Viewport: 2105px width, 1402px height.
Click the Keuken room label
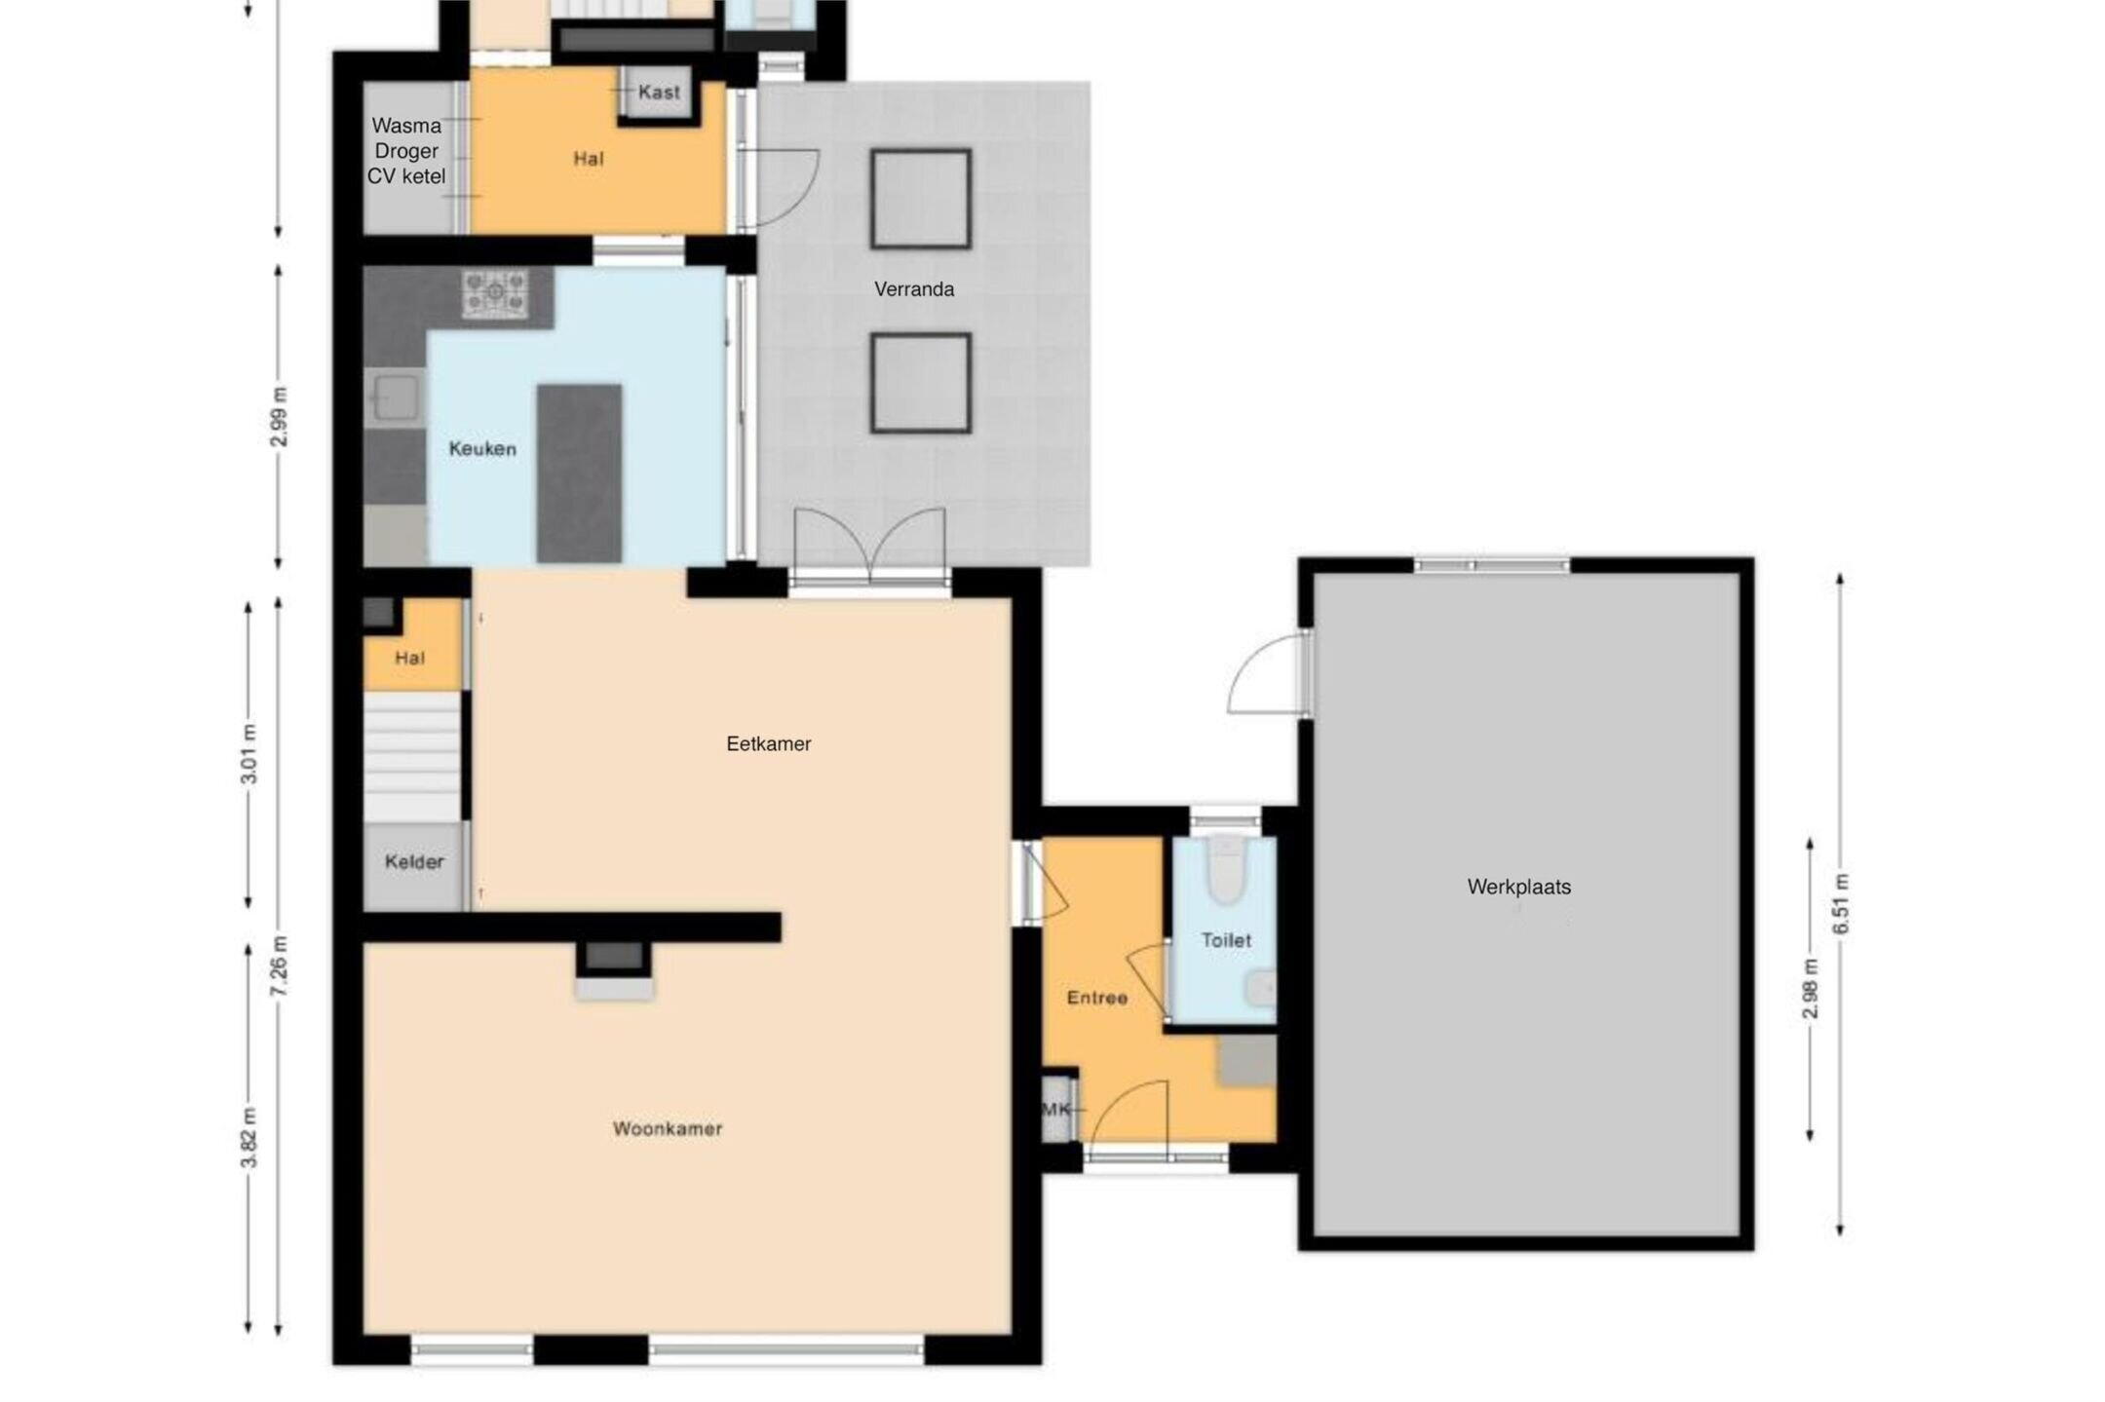pyautogui.click(x=482, y=449)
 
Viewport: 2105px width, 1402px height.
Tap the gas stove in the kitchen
pyautogui.click(x=495, y=293)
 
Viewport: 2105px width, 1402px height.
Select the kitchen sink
pyautogui.click(x=395, y=398)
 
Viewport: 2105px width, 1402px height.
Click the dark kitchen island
pyautogui.click(x=579, y=474)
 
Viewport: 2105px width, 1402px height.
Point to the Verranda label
pyautogui.click(x=914, y=289)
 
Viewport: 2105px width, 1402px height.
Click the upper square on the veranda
pyautogui.click(x=921, y=199)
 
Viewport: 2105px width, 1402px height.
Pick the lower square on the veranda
pyautogui.click(x=921, y=383)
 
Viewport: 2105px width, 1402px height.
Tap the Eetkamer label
pyautogui.click(x=769, y=744)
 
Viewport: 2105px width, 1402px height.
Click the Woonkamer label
pyautogui.click(x=668, y=1129)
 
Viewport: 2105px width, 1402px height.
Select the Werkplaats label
pyautogui.click(x=1519, y=887)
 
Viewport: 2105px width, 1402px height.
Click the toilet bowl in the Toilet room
pyautogui.click(x=1227, y=869)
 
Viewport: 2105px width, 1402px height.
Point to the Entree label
pyautogui.click(x=1097, y=998)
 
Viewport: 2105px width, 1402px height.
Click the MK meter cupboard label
pyautogui.click(x=1057, y=1110)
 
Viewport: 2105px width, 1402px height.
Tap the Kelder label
pyautogui.click(x=414, y=862)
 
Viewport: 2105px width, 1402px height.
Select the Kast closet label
pyautogui.click(x=660, y=93)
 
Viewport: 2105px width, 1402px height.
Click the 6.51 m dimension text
pyautogui.click(x=1841, y=904)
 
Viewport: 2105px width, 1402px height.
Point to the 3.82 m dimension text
pyautogui.click(x=249, y=1137)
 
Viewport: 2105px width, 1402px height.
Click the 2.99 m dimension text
pyautogui.click(x=279, y=417)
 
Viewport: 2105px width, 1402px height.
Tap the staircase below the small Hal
pyautogui.click(x=412, y=757)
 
